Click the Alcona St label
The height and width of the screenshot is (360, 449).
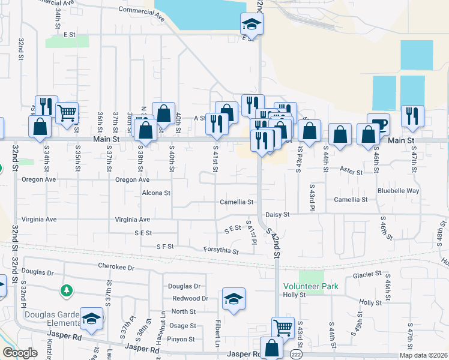pos(156,193)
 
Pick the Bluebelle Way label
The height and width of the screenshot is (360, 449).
pos(398,191)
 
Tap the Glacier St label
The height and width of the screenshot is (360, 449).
pos(367,274)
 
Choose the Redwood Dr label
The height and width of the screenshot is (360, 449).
pos(190,298)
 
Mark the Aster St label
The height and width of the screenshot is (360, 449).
pos(351,172)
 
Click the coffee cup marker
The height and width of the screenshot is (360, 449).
pos(378,123)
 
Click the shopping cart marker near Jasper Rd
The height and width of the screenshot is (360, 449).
pos(283,328)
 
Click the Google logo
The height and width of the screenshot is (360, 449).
pos(20,353)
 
